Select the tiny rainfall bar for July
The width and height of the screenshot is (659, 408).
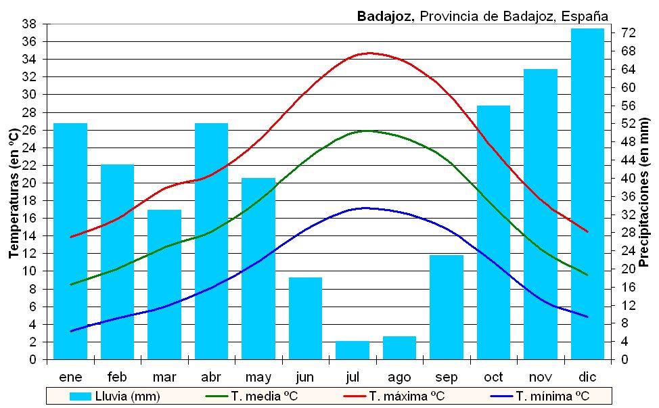point(353,350)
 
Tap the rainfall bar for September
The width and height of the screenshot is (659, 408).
point(447,307)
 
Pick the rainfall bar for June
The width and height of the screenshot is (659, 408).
point(306,318)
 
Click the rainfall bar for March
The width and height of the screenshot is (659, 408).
point(164,284)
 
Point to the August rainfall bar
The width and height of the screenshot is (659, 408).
point(399,348)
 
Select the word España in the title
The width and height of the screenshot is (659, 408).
point(585,16)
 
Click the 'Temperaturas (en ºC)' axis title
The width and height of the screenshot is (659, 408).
point(13,193)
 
